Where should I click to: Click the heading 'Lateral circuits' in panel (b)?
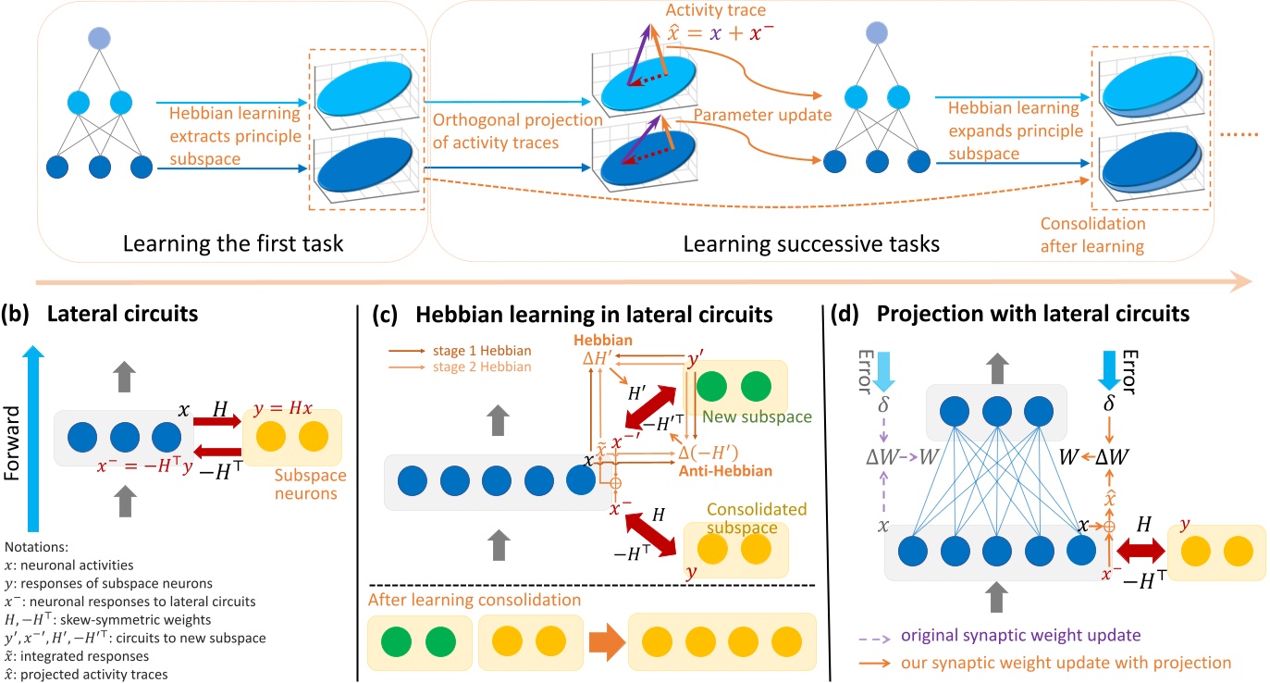(134, 315)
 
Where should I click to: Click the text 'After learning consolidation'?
(475, 600)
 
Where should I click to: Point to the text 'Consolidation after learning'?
(1092, 234)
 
